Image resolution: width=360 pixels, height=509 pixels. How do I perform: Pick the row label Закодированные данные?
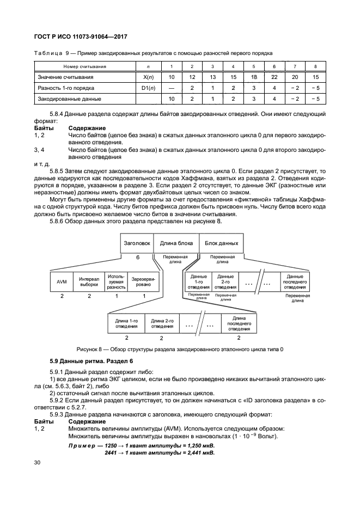[x=69, y=99]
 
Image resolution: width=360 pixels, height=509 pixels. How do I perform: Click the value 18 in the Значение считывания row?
[x=254, y=77]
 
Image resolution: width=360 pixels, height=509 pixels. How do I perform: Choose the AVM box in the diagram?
[x=62, y=281]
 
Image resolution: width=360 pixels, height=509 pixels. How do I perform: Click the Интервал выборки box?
[x=89, y=281]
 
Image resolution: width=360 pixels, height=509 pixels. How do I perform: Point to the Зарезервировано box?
[x=143, y=281]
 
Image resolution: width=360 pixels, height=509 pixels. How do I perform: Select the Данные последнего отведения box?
[x=295, y=281]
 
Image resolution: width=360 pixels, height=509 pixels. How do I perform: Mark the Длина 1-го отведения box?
[x=126, y=323]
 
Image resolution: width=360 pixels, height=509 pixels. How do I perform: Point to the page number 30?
[x=37, y=462]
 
